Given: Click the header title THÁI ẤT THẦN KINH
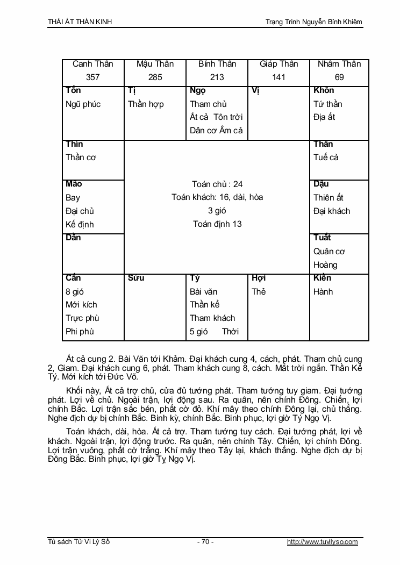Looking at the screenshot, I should tap(80, 22).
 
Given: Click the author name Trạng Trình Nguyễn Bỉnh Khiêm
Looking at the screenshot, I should tap(314, 22).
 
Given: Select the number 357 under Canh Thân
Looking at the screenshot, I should tap(92, 77).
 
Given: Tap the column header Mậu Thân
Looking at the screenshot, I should tap(155, 64).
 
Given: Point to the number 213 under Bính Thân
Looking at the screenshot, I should tap(217, 77).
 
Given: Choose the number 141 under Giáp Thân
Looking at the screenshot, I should tap(278, 77).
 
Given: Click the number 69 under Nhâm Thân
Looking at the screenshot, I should tap(339, 77).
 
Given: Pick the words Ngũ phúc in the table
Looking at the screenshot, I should tap(83, 104).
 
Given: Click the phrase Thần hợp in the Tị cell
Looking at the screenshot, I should tap(146, 104).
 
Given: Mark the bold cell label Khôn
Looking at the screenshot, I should tap(324, 90).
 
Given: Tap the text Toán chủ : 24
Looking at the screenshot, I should tap(217, 184).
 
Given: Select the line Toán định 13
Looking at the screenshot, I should tap(217, 224).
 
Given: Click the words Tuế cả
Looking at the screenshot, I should tap(326, 158).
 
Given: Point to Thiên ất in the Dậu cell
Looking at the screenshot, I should tap(328, 197).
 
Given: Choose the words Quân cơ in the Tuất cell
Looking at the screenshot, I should tap(329, 251).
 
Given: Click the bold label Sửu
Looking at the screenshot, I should tap(137, 278).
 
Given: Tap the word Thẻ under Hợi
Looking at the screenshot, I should tap(259, 291).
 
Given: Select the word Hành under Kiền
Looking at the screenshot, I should tap(323, 291).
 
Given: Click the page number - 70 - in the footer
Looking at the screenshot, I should tap(205, 542).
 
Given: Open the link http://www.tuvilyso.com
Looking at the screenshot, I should tap(323, 542).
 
